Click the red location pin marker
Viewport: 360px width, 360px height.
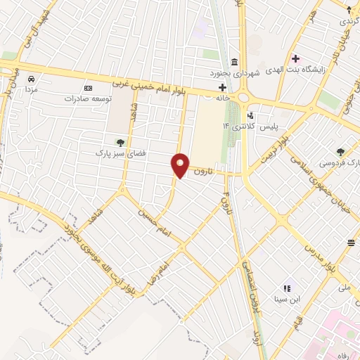(x=181, y=165)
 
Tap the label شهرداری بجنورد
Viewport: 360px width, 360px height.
(x=233, y=73)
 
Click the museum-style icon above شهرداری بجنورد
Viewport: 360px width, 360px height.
(x=234, y=62)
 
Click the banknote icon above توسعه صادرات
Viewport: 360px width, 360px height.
(x=88, y=88)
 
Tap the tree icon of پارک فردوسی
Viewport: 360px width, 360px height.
(x=341, y=151)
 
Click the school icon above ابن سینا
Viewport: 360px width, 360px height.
(x=287, y=288)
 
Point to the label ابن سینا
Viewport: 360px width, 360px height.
(x=287, y=298)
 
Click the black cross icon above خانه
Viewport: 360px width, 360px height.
(x=223, y=88)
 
